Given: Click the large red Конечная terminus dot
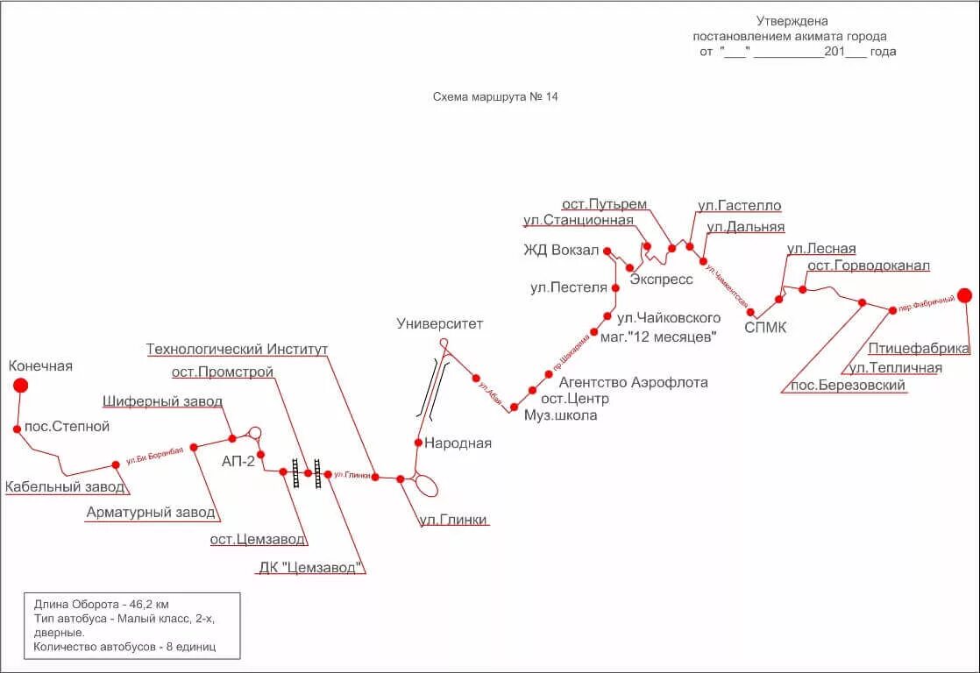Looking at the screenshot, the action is [20, 385].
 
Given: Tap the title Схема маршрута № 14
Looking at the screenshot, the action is [495, 97].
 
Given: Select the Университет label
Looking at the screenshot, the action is [439, 324].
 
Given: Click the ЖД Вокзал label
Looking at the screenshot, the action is [561, 251].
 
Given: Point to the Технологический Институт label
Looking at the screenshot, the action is [237, 350].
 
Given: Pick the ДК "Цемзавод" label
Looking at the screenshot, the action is [310, 567].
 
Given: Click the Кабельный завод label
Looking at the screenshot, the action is [65, 487].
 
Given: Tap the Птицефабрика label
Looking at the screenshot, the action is [920, 349].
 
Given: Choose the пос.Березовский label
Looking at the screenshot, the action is [848, 386].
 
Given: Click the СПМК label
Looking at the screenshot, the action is [765, 328].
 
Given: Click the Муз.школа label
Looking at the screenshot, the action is [560, 415].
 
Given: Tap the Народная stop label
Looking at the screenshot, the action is [458, 443].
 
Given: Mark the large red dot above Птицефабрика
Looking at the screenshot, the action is [964, 295].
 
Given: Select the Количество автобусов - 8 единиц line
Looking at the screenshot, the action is [124, 648].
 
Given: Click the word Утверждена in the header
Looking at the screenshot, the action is [792, 21].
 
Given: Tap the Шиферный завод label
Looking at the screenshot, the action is [162, 401].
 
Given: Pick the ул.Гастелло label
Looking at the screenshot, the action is [739, 206].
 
